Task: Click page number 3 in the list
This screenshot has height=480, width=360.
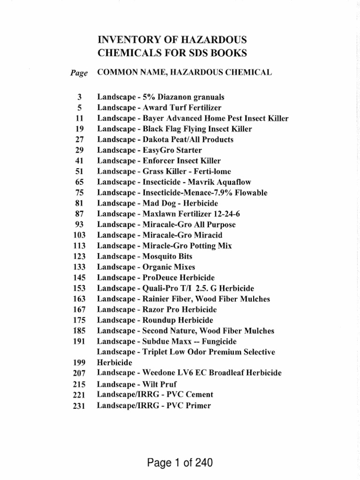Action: click(x=80, y=97)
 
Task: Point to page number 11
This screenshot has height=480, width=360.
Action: click(x=79, y=119)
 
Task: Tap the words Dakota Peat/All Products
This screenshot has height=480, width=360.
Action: click(x=186, y=140)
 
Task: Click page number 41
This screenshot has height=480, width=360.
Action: click(x=79, y=161)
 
